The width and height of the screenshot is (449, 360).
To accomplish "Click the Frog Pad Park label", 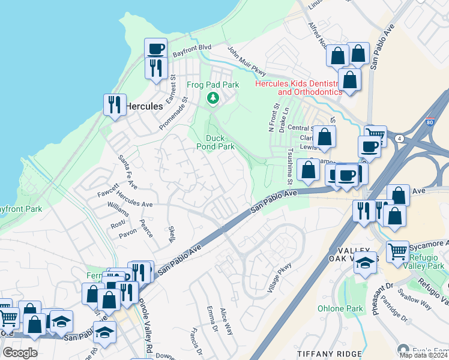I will point(213,85).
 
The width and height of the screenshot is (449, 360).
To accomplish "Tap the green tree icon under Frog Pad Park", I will point(212,98).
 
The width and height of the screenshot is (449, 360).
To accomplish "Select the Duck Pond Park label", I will point(216,142).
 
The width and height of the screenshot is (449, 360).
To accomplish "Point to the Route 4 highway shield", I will point(399,139).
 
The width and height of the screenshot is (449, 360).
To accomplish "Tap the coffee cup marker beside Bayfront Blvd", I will point(155,49).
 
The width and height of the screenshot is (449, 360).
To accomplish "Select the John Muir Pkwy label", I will point(246,61).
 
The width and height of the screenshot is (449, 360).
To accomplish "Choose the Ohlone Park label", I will point(340,308).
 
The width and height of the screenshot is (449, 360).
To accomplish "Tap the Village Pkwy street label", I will point(279,278).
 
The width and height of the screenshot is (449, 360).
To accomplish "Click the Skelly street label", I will point(171,235).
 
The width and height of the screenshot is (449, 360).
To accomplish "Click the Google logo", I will point(20,353).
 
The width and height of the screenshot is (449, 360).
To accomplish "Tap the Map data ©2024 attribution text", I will point(423,355).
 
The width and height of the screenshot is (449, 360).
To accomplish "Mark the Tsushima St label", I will point(289,166).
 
